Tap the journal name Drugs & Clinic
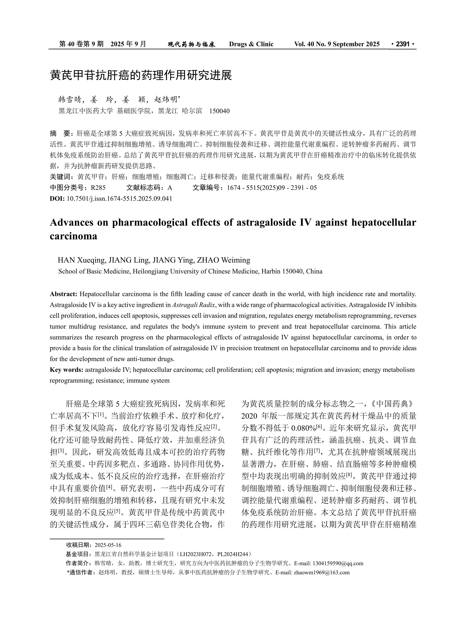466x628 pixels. coord(251,44)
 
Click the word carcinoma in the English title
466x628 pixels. coord(73,236)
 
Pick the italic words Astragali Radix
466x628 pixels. coord(194,305)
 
